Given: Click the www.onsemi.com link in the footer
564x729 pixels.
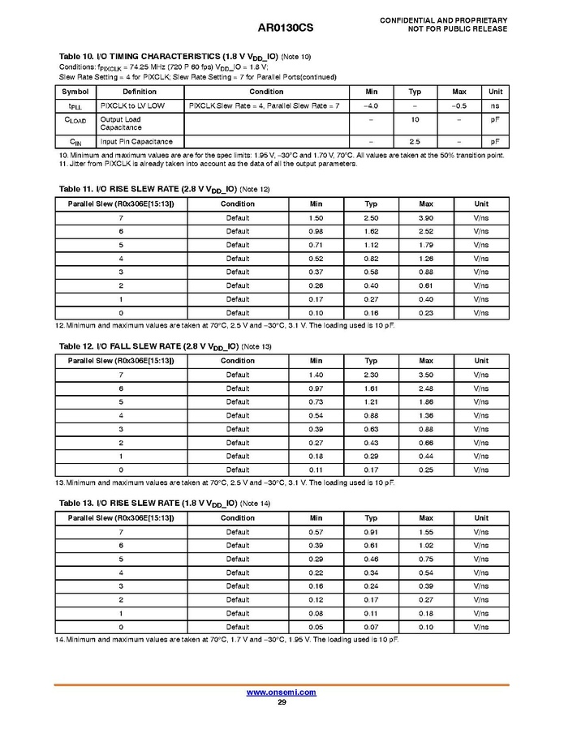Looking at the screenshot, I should click(281, 693).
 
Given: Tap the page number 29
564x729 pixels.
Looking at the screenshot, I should click(282, 702).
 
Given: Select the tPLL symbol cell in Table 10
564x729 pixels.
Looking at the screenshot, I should click(74, 106).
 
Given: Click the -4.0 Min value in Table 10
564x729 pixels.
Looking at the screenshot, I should click(371, 106).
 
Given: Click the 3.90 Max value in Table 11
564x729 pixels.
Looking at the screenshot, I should click(426, 218).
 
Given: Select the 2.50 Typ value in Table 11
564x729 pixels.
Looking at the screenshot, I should click(371, 218).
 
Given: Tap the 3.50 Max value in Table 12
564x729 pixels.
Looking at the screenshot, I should click(426, 375).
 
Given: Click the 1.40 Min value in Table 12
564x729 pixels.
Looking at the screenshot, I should click(316, 375).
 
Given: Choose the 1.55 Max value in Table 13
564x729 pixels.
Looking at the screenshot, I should click(426, 532).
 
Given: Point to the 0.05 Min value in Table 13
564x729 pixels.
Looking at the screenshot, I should click(316, 627).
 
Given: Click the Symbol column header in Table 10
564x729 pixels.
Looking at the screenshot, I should click(75, 92).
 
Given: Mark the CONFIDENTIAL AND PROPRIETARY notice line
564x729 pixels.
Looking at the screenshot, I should click(443, 19).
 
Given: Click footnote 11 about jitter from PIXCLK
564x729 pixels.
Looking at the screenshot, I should click(208, 164).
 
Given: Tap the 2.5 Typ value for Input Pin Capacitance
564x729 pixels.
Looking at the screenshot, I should click(414, 141).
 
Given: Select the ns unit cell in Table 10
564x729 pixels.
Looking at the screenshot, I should click(494, 106).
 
